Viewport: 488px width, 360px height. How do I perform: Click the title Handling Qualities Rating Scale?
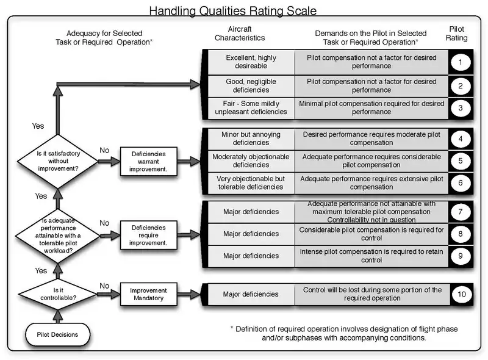click(233, 10)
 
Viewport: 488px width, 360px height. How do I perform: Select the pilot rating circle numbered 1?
click(461, 61)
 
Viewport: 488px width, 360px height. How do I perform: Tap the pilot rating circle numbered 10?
click(461, 294)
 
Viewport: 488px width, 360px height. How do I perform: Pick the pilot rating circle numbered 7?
click(461, 212)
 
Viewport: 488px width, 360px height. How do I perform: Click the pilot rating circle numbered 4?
click(461, 139)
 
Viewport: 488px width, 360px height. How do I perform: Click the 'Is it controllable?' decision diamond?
click(57, 295)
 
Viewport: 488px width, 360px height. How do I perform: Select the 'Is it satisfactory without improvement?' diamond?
click(57, 162)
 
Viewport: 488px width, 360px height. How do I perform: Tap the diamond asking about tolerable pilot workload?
click(57, 234)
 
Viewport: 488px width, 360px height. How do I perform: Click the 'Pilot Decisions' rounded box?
click(58, 334)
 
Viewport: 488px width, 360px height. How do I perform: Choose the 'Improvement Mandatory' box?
click(148, 295)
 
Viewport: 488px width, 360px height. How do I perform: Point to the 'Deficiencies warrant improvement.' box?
click(148, 162)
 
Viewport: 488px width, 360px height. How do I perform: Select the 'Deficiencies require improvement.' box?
click(148, 234)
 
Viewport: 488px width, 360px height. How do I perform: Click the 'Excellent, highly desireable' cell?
click(251, 61)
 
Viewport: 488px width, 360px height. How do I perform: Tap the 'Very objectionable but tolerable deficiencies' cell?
click(251, 182)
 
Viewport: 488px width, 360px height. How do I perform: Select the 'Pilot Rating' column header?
click(457, 33)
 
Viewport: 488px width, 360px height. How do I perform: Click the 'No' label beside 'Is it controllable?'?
click(104, 286)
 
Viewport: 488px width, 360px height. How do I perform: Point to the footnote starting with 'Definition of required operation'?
click(344, 333)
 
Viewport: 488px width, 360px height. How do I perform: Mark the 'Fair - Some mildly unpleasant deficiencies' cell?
click(251, 107)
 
